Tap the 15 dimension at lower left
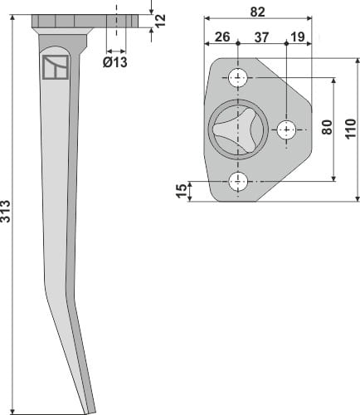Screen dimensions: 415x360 182,191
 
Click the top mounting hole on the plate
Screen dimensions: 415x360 239,79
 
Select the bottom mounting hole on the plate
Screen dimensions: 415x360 239,180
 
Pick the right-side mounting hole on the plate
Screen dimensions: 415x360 287,129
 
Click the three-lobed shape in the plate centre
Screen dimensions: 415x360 230,130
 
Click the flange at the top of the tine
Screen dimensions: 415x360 67,21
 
